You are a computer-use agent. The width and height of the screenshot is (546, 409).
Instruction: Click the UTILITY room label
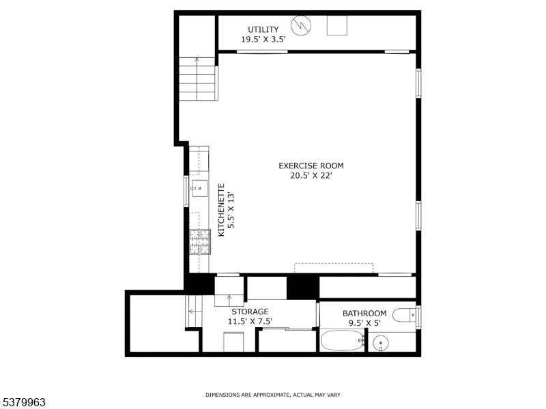click(x=263, y=29)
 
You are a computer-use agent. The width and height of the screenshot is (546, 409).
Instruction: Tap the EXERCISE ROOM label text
click(x=311, y=166)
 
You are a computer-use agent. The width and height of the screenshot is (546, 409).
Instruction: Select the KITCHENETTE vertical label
click(x=221, y=210)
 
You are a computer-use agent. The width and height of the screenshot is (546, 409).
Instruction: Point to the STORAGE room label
click(x=250, y=312)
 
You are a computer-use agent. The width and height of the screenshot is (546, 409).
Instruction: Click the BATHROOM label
click(x=364, y=314)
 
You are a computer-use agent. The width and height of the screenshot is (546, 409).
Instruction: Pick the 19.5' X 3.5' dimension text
click(x=263, y=40)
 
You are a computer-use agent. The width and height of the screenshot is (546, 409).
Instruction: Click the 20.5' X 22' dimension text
click(x=311, y=176)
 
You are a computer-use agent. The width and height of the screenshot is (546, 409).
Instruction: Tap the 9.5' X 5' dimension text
click(x=364, y=323)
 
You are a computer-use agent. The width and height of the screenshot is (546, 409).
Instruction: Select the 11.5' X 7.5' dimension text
click(x=250, y=321)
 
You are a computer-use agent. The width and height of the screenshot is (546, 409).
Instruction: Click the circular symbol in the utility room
click(x=301, y=25)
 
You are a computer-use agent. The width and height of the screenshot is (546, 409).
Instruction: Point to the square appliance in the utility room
click(x=337, y=25)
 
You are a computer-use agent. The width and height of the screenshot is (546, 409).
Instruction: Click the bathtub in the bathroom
click(x=343, y=340)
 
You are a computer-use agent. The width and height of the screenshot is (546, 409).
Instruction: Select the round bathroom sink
click(x=381, y=344)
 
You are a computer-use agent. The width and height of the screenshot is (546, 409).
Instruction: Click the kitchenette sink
click(x=199, y=188)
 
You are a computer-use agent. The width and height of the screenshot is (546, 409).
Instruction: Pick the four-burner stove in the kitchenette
click(x=200, y=242)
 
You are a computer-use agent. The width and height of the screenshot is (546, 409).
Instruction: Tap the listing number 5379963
click(x=23, y=403)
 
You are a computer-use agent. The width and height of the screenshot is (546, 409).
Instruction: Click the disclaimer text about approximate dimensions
click(x=272, y=395)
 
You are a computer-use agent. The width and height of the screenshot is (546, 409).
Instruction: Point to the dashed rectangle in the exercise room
click(x=334, y=268)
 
